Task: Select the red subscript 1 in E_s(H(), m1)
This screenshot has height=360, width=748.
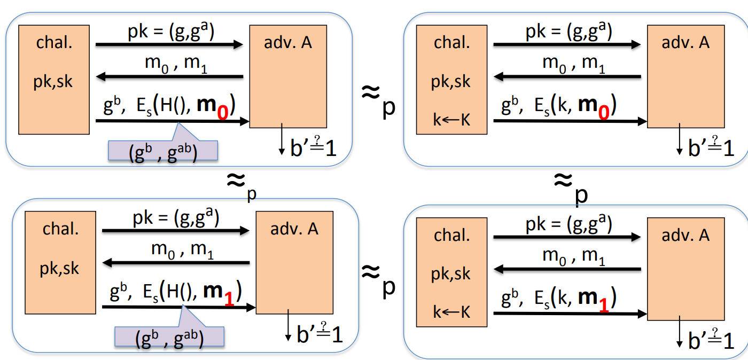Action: [x=229, y=300]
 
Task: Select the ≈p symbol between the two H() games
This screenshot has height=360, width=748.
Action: [x=240, y=184]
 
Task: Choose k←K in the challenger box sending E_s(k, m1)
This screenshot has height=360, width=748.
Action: [x=451, y=311]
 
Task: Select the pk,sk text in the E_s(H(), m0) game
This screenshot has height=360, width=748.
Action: [x=53, y=82]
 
